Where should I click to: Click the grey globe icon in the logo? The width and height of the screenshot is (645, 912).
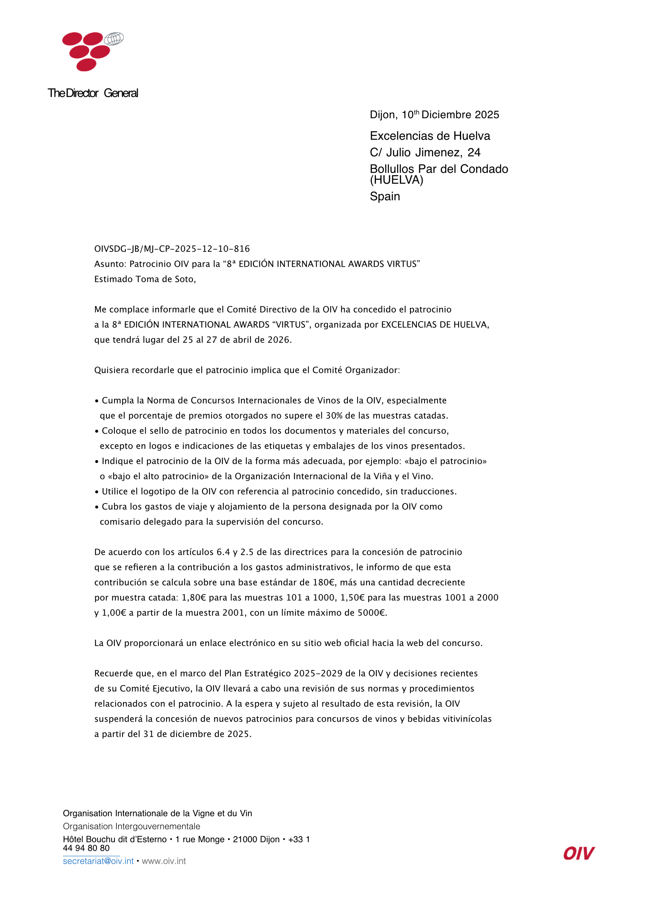pyautogui.click(x=114, y=39)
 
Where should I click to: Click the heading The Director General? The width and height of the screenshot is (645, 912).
pyautogui.click(x=93, y=93)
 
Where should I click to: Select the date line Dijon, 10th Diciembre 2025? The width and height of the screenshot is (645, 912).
pyautogui.click(x=434, y=115)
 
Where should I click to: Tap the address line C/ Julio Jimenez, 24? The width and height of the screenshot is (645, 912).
pyautogui.click(x=425, y=152)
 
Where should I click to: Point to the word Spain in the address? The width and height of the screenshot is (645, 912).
pyautogui.click(x=384, y=197)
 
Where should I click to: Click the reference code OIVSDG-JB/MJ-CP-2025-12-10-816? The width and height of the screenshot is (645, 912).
pyautogui.click(x=172, y=249)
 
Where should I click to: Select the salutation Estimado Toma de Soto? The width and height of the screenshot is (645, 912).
pyautogui.click(x=145, y=279)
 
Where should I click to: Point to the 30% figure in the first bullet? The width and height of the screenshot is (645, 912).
pyautogui.click(x=334, y=416)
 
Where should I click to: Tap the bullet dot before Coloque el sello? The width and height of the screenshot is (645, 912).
pyautogui.click(x=97, y=431)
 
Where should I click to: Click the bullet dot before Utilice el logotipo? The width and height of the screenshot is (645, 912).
pyautogui.click(x=97, y=492)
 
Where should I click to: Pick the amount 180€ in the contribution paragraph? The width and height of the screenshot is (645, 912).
pyautogui.click(x=324, y=582)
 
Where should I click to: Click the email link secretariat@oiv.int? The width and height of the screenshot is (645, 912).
pyautogui.click(x=98, y=861)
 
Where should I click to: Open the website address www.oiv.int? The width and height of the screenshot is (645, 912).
pyautogui.click(x=164, y=861)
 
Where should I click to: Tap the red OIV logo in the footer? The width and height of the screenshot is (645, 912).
pyautogui.click(x=578, y=854)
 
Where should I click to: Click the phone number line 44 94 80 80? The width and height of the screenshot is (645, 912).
pyautogui.click(x=86, y=848)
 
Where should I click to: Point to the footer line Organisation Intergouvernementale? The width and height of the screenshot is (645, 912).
pyautogui.click(x=131, y=826)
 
